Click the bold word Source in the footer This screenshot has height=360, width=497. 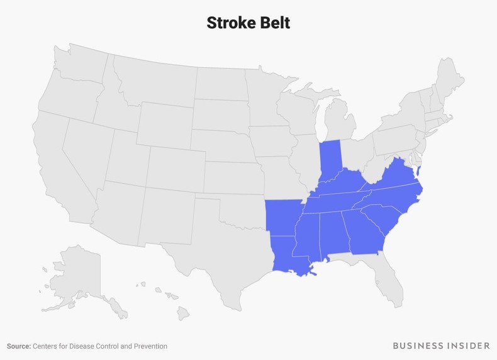tap(20, 346)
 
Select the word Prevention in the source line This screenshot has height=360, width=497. tap(148, 346)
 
